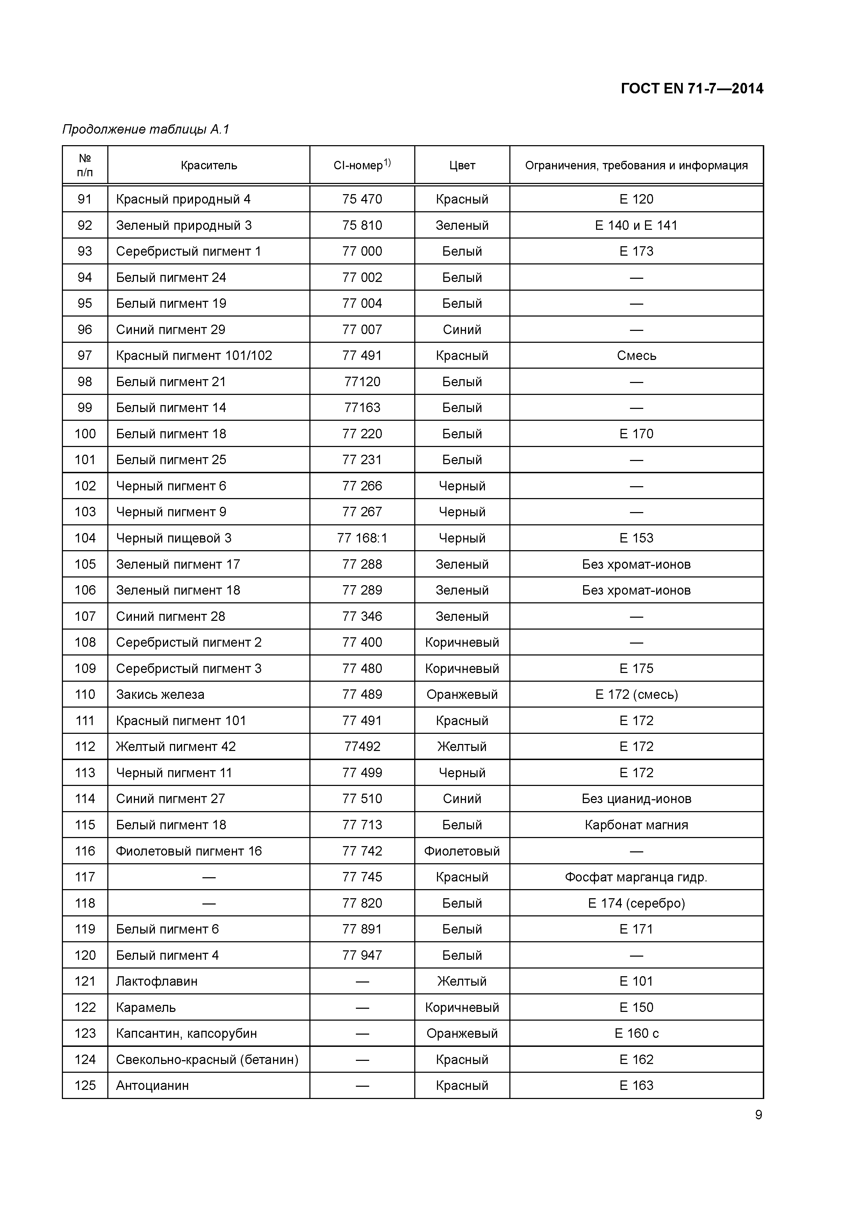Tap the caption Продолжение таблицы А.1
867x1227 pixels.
145,129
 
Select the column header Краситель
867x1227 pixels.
208,166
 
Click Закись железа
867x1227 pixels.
160,695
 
